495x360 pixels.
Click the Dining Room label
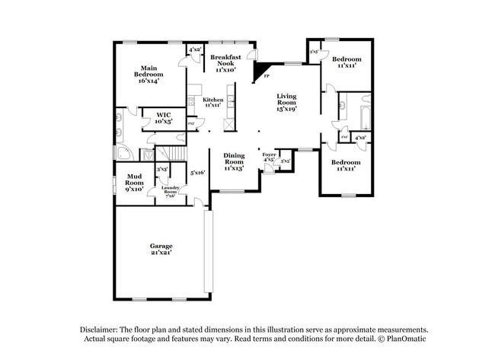[234, 161]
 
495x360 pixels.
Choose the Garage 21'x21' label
[161, 249]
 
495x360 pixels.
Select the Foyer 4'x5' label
[269, 157]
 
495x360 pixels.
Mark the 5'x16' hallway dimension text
[198, 173]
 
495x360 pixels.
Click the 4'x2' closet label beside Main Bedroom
[194, 49]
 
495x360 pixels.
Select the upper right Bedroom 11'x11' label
[346, 62]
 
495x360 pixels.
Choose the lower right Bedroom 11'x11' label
[345, 165]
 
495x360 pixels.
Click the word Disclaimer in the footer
[101, 330]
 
